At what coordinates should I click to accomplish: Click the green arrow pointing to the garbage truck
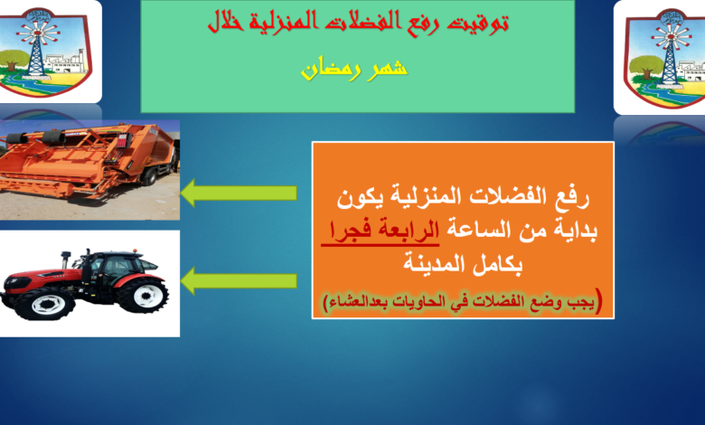239,193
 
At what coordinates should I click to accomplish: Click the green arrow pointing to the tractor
239,280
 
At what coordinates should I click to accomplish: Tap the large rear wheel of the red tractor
146,296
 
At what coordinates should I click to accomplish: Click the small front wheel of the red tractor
45,304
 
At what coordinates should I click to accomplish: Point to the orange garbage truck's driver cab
162,153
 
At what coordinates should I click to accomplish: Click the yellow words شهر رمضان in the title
353,69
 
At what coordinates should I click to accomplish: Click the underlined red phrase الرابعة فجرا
381,231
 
